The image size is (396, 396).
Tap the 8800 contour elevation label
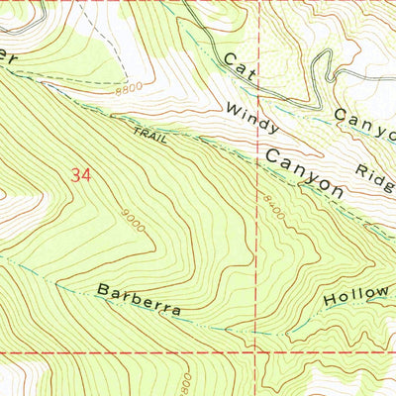point(128,90)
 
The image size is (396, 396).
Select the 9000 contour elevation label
point(134,221)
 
